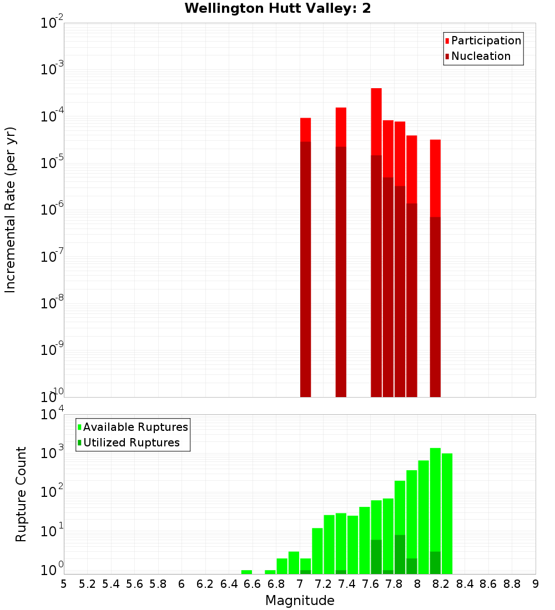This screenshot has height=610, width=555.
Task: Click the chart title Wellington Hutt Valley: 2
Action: click(277, 8)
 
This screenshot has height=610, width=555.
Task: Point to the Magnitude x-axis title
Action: click(300, 601)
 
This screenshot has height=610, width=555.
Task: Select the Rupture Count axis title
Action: click(21, 494)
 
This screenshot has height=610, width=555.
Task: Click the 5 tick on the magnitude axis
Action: click(64, 584)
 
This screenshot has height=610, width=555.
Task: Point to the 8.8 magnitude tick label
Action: click(512, 584)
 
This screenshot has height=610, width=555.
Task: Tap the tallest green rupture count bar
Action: click(435, 510)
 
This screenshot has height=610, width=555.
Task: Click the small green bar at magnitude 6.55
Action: click(246, 572)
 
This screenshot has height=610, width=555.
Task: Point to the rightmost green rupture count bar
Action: click(447, 513)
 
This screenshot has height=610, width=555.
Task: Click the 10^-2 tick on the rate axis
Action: click(52, 23)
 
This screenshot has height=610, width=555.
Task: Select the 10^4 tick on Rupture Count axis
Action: click(52, 415)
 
